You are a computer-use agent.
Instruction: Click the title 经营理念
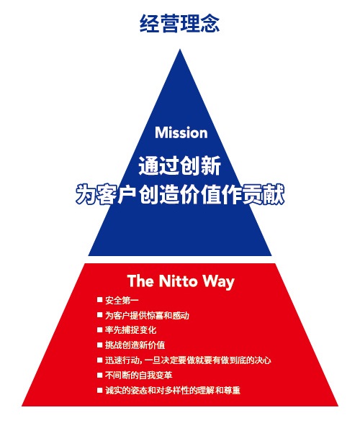click(x=179, y=23)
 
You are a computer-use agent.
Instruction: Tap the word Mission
click(x=181, y=133)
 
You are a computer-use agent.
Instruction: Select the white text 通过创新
click(x=179, y=165)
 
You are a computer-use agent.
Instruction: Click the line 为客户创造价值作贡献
click(x=180, y=194)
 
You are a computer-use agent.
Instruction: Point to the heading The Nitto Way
click(x=181, y=281)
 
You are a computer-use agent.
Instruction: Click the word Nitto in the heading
click(x=178, y=281)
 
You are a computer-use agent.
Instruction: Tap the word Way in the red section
click(x=219, y=282)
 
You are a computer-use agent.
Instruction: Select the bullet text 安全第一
click(x=122, y=301)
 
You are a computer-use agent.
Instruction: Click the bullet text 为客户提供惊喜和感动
click(x=147, y=316)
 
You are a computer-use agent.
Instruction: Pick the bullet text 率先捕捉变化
click(x=130, y=330)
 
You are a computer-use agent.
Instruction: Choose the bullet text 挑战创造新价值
click(x=135, y=345)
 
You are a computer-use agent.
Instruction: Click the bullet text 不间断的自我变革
click(x=138, y=376)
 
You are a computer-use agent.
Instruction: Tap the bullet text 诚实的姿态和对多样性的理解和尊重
click(x=173, y=390)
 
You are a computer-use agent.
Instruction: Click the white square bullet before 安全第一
click(x=99, y=300)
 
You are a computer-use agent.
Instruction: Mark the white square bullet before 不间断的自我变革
click(x=99, y=375)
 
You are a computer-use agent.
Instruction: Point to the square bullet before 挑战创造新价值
click(x=99, y=345)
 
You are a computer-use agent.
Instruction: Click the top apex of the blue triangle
click(x=180, y=49)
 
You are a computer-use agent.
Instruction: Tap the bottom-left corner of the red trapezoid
click(x=22, y=406)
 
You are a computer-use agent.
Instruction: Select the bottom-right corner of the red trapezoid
click(x=338, y=406)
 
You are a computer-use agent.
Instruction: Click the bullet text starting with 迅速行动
click(x=188, y=360)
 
